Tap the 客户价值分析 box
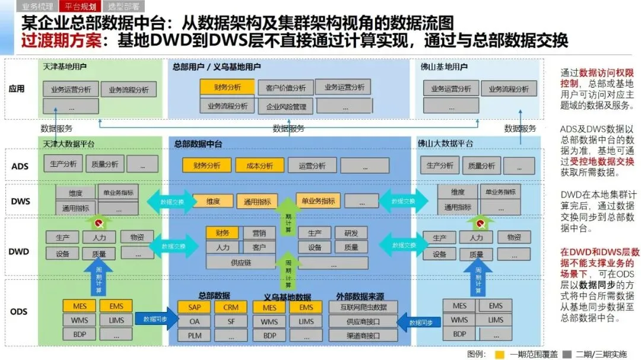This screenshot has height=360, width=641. [x=282, y=88]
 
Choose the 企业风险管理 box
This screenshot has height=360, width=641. [x=283, y=107]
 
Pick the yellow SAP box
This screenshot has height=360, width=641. [x=195, y=308]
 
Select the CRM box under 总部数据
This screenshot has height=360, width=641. [x=231, y=308]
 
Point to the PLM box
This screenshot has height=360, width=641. [x=195, y=336]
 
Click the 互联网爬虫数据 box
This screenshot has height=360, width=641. [x=363, y=307]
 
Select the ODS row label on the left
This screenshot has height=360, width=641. [x=19, y=312]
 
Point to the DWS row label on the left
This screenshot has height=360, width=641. [x=20, y=201]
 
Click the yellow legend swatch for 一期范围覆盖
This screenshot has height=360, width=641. [x=500, y=354]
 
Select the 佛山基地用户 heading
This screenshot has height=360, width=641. [x=443, y=67]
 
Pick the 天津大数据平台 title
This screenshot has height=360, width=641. [x=69, y=144]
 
